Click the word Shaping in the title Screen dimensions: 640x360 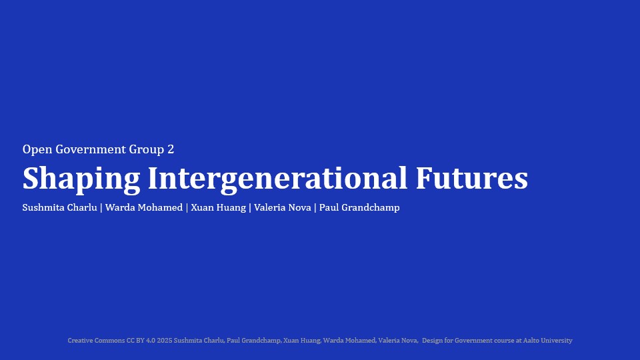[x=81, y=179]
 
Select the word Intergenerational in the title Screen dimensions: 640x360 [x=277, y=179]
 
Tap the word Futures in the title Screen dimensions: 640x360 [x=472, y=178]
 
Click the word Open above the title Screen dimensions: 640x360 [x=37, y=150]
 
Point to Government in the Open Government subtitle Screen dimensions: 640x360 [x=91, y=149]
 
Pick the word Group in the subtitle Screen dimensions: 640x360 [x=147, y=150]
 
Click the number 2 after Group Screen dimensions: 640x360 [x=171, y=149]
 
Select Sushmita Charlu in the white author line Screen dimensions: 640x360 [x=59, y=207]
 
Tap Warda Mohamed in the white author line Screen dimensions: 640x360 [x=144, y=207]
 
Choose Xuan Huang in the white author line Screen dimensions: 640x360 [x=219, y=208]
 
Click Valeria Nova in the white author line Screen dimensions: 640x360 [x=283, y=207]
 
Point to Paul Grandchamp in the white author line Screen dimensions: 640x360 [x=359, y=208]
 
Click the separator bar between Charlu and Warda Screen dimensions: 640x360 [x=101, y=208]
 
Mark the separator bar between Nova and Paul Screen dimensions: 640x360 [x=315, y=208]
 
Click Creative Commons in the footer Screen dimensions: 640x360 [x=96, y=341]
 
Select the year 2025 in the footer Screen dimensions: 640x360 [x=165, y=341]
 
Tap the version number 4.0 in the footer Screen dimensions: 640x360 [x=151, y=341]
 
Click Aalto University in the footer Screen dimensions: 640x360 [x=548, y=341]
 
